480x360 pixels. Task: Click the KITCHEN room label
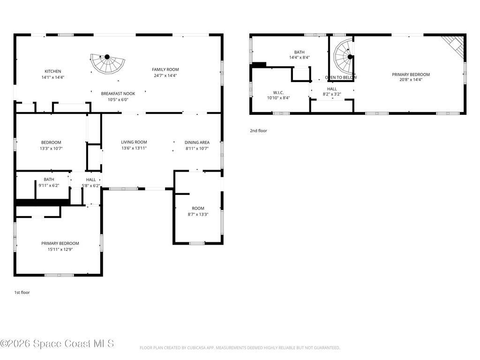52,71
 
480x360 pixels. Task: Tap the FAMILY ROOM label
165,69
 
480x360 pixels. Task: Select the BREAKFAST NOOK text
118,94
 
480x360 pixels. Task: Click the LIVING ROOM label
134,142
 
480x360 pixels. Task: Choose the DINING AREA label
197,142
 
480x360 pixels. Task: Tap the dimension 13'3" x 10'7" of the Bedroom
51,149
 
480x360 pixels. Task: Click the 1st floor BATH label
49,180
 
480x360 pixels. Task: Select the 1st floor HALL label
91,180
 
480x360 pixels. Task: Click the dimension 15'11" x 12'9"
60,249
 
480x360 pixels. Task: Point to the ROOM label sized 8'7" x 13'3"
198,208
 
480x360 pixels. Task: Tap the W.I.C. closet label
278,92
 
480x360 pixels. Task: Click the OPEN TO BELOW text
341,77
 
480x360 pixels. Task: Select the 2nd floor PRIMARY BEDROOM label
411,75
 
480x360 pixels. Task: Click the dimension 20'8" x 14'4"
411,80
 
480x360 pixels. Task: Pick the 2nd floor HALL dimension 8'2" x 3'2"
332,94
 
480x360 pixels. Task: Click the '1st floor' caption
22,292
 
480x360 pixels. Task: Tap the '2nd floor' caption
258,131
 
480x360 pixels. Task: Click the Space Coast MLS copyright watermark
57,344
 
